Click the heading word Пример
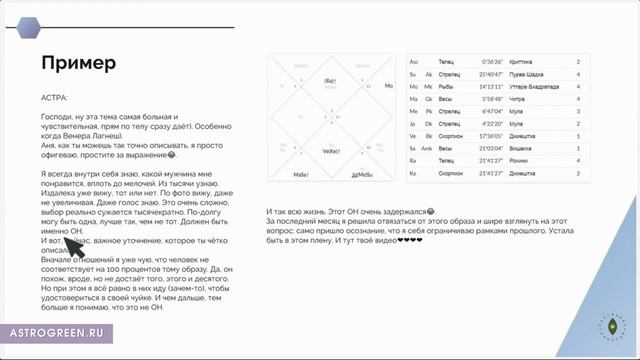coord(78,63)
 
